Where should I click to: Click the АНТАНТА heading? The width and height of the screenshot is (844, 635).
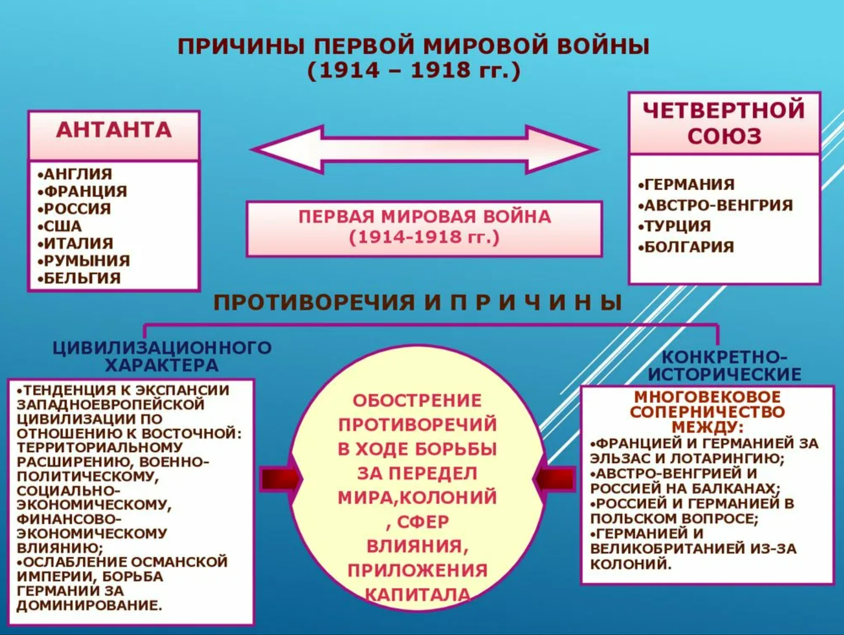[114, 130]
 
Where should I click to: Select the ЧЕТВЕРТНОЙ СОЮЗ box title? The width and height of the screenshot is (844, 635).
[724, 123]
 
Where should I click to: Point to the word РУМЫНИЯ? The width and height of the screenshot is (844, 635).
[84, 261]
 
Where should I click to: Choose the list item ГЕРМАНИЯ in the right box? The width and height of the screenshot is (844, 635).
[686, 184]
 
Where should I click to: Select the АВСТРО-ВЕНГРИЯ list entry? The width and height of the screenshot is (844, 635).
[715, 205]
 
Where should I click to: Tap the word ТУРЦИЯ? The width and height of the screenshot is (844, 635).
[674, 226]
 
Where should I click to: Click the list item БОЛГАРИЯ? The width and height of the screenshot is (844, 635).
[686, 246]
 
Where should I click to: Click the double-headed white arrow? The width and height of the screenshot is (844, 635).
[424, 149]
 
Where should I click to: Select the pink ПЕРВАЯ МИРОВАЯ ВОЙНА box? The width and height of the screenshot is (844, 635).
[424, 229]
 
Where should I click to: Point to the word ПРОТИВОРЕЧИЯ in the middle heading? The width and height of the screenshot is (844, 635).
[314, 302]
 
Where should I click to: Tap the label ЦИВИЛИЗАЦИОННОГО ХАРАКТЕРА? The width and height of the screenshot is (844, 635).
[162, 357]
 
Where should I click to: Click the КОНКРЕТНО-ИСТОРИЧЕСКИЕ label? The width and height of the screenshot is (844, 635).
[725, 365]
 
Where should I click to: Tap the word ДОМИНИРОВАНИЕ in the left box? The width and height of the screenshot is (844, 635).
[89, 606]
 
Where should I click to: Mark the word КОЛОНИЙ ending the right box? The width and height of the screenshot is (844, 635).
[631, 564]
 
